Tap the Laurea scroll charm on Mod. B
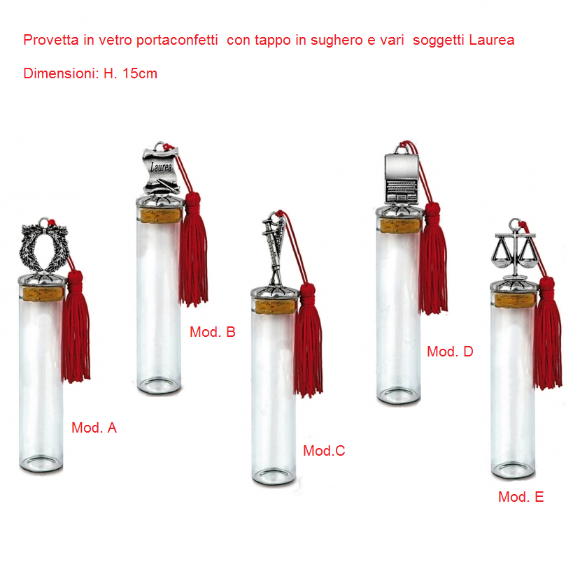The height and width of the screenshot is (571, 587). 161,169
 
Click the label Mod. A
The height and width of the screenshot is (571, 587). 94,428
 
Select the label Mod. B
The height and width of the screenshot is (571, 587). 212,332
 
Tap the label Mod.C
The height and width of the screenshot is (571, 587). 324,451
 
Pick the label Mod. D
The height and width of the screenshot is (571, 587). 450,352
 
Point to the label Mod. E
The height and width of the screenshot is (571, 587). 521,497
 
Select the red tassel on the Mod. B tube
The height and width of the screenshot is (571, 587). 193,250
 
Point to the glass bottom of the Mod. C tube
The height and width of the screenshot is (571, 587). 274,477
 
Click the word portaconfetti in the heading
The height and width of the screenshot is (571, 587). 177,41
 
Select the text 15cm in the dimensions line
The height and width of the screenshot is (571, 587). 140,73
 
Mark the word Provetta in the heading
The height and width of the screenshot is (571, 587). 51,40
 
